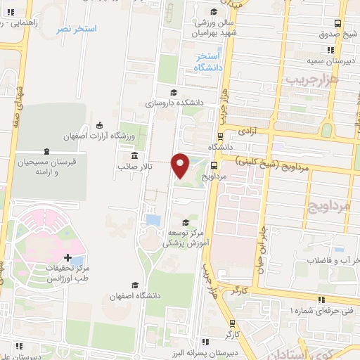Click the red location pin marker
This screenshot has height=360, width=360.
coord(181,165)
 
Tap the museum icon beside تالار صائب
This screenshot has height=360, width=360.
coord(134,155)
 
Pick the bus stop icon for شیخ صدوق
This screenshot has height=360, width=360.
coord(339,22)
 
